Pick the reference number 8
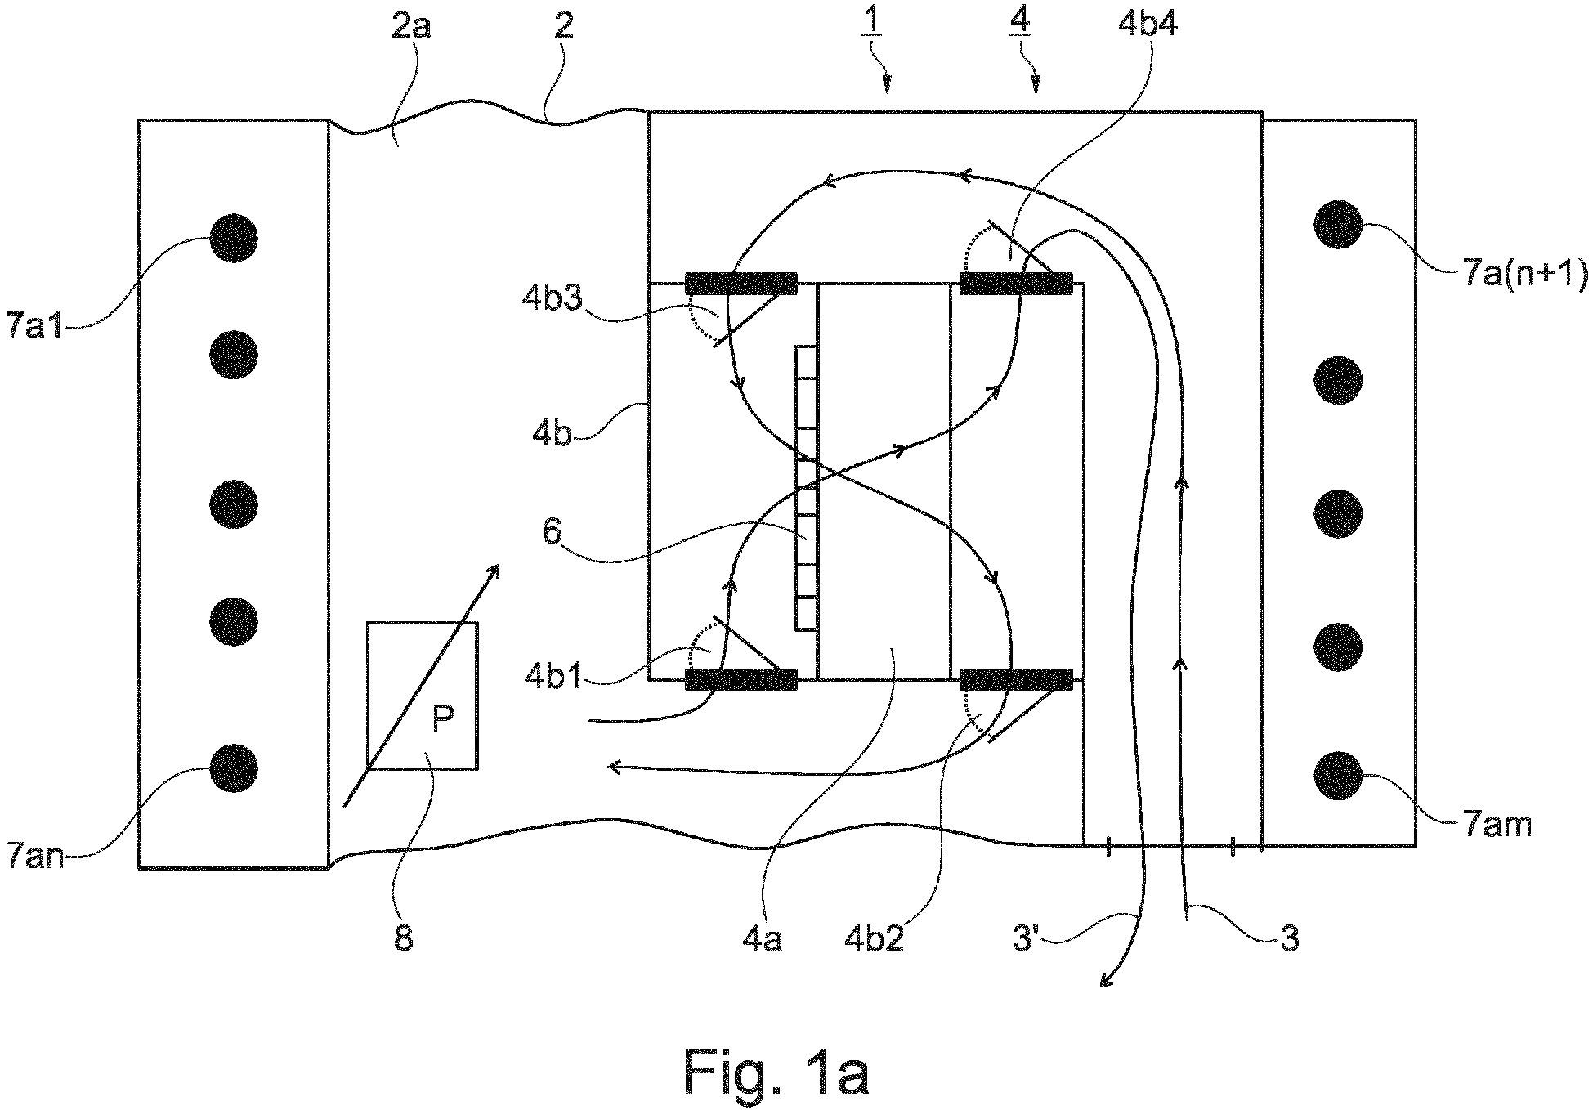[403, 938]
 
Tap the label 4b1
[553, 678]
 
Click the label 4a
[762, 939]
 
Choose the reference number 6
[552, 533]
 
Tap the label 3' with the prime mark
[1027, 939]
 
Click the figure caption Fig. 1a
[775, 1072]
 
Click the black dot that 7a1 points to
[234, 238]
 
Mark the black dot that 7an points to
[234, 768]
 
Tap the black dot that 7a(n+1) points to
[1338, 222]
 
